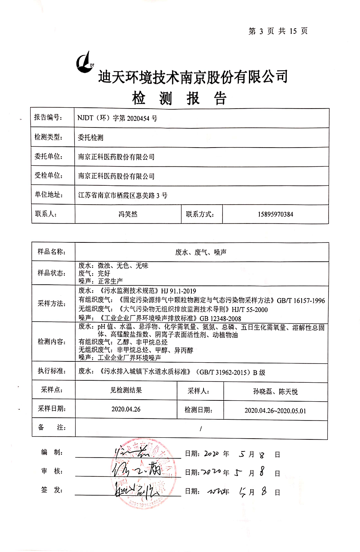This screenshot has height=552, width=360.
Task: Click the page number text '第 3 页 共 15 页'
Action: [x=278, y=31]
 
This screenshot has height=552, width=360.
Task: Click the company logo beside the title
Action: [x=86, y=63]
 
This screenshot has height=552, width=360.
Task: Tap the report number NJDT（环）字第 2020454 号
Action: [x=117, y=118]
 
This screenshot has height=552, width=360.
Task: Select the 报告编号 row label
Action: [x=48, y=117]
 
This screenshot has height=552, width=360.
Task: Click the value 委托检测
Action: [x=91, y=137]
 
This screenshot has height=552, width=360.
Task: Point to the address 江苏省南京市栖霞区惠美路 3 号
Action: [x=123, y=195]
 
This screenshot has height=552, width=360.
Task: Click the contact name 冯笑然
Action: [x=128, y=214]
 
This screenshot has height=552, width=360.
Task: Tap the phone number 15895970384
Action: [x=276, y=214]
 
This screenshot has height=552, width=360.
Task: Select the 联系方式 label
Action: [x=200, y=214]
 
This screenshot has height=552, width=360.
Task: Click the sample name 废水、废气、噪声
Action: [x=201, y=252]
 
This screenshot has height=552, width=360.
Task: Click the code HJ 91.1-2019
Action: [x=179, y=291]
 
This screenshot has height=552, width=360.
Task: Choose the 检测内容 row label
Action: [x=51, y=341]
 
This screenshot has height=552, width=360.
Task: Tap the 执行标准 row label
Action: [x=51, y=371]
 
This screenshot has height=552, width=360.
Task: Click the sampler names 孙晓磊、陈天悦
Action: [x=276, y=391]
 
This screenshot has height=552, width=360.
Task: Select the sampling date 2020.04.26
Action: [x=126, y=409]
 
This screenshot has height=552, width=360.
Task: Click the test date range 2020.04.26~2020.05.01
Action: [x=275, y=410]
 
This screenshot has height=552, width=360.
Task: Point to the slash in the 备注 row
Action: [x=201, y=429]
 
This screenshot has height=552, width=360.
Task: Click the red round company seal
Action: [x=144, y=474]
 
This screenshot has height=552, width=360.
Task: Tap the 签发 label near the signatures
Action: [x=51, y=490]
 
